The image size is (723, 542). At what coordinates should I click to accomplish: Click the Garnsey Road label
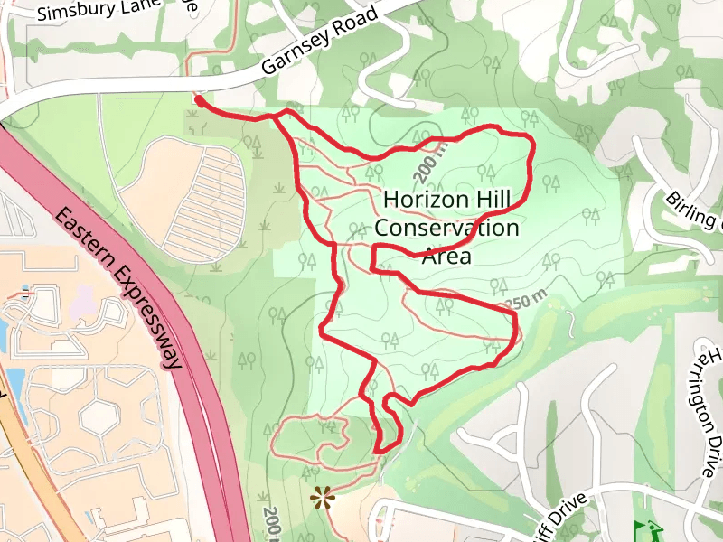coord(319,42)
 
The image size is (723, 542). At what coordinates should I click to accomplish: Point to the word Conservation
coord(446,228)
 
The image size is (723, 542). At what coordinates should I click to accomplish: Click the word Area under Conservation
coord(446,257)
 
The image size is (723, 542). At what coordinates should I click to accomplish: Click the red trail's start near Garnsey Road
coord(197,98)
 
